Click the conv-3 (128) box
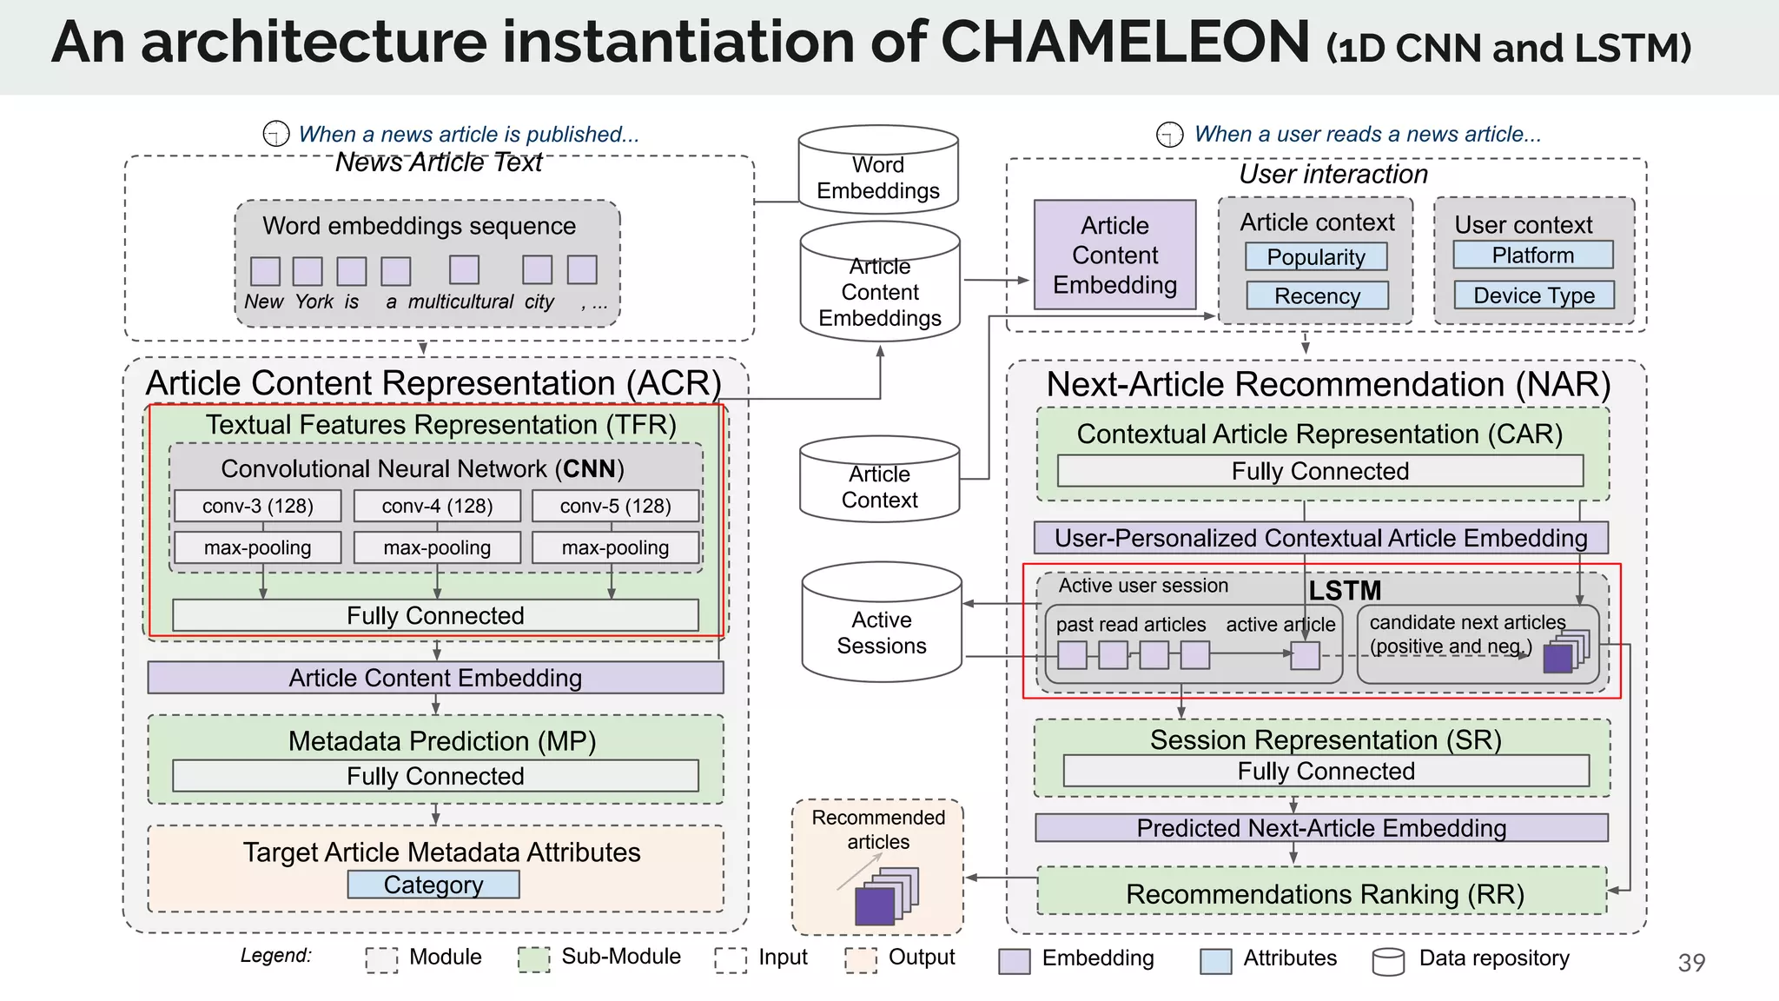(257, 506)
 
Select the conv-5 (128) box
(615, 506)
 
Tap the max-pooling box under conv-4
(437, 547)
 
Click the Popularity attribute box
(1316, 257)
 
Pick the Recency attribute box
(1317, 296)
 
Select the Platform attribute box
(1532, 255)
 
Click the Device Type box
(1534, 295)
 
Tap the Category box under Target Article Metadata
(433, 885)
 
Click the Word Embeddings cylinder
(878, 170)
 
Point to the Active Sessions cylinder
(882, 624)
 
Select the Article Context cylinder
(879, 480)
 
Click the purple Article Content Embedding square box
(1114, 255)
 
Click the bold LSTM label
(1345, 591)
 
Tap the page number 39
(1691, 963)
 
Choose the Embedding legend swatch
(1014, 960)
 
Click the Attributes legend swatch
(1215, 960)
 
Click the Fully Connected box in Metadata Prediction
(435, 776)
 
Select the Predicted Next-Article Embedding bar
(1320, 828)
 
